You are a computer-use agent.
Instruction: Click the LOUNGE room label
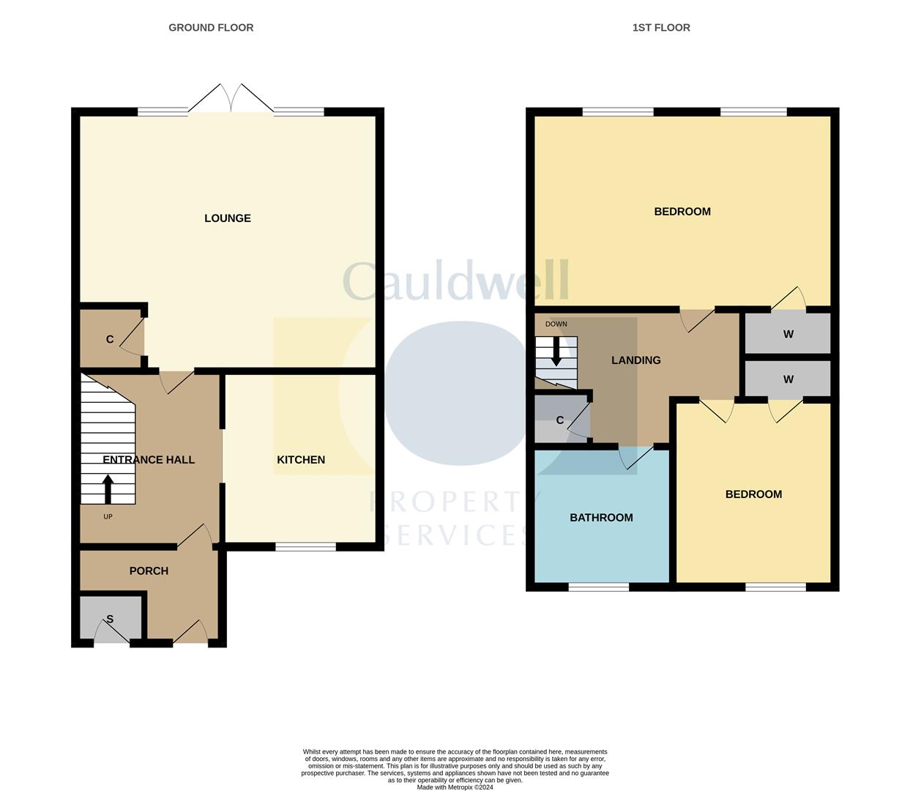(227, 218)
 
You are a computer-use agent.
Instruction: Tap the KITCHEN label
(301, 460)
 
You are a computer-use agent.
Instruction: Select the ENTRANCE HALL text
(149, 460)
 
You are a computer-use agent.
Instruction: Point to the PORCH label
(149, 571)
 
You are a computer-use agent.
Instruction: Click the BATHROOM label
(601, 518)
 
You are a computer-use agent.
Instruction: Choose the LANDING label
(636, 360)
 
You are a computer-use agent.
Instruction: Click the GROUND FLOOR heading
(211, 28)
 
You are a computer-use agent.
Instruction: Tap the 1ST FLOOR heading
(661, 28)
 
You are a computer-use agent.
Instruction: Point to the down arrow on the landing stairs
(556, 352)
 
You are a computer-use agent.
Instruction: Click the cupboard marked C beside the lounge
(111, 339)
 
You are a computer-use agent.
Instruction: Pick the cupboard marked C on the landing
(560, 420)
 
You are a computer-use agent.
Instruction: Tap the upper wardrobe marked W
(788, 335)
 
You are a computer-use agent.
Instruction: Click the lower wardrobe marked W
(788, 379)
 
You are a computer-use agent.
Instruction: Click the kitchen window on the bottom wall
(306, 546)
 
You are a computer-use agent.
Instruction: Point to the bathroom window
(599, 587)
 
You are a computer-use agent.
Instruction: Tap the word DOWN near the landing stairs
(556, 324)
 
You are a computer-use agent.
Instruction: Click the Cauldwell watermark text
(455, 281)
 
